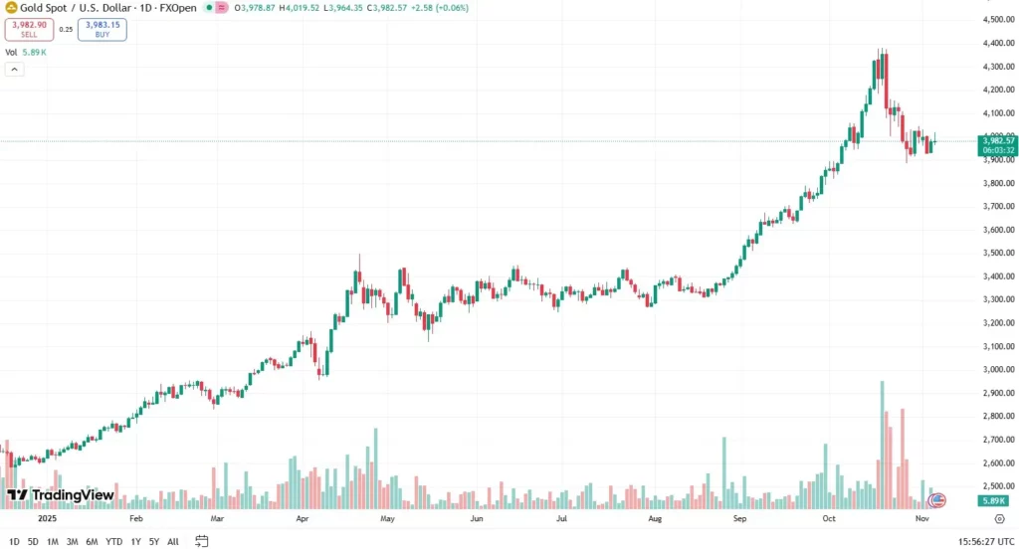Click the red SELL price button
click(28, 29)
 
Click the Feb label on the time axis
click(136, 518)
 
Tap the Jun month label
click(477, 518)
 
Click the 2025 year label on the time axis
click(48, 518)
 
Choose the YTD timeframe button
click(115, 541)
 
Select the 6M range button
click(92, 541)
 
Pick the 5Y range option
click(154, 541)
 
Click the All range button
click(173, 541)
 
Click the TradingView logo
click(61, 495)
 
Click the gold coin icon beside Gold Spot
click(11, 7)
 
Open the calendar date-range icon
click(202, 541)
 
